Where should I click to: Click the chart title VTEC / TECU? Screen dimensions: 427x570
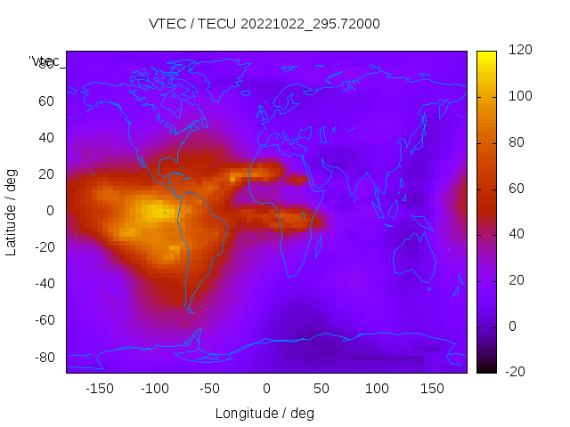[265, 24]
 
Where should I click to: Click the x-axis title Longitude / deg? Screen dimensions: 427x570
[265, 414]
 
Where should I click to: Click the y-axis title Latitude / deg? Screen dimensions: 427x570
[12, 211]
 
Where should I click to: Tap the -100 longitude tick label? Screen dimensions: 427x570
[155, 389]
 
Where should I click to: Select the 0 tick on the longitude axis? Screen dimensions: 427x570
[266, 389]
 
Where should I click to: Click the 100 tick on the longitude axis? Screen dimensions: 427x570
[377, 389]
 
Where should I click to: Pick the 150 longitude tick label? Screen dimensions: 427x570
[432, 389]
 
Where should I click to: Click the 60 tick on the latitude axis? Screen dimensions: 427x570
[45, 101]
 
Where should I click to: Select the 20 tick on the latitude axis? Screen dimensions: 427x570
[45, 174]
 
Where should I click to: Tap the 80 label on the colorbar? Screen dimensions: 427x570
[516, 142]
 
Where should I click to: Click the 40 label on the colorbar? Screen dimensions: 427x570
[516, 234]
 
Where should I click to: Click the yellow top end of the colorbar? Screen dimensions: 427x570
[486, 55]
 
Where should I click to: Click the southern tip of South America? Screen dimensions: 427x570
[190, 310]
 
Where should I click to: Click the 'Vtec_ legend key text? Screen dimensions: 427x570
[44, 61]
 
